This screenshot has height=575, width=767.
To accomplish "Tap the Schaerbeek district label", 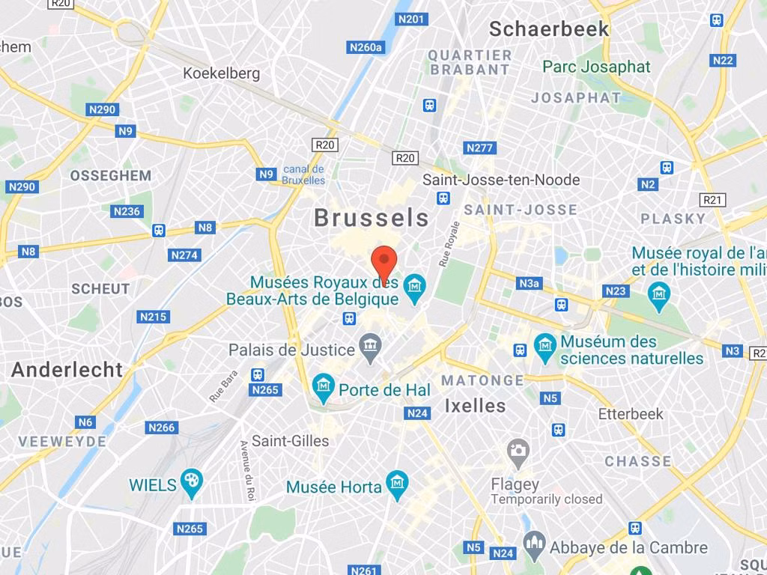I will [548, 29].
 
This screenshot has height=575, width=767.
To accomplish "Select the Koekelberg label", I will [222, 73].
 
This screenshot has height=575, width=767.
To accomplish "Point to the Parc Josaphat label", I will [596, 67].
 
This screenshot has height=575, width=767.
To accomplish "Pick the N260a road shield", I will [366, 47].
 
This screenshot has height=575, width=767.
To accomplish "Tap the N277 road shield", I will [479, 147].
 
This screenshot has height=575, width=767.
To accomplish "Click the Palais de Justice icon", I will [370, 345].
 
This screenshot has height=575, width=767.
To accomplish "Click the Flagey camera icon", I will [518, 451].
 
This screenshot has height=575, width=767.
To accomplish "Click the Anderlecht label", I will [67, 370].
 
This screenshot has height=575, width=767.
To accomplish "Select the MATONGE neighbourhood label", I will [482, 380].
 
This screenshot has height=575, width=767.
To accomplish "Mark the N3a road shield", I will [529, 283].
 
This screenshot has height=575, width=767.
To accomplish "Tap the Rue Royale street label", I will [450, 243].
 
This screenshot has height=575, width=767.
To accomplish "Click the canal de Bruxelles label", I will [303, 174].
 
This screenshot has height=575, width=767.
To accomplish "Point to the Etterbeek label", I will [631, 414].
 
